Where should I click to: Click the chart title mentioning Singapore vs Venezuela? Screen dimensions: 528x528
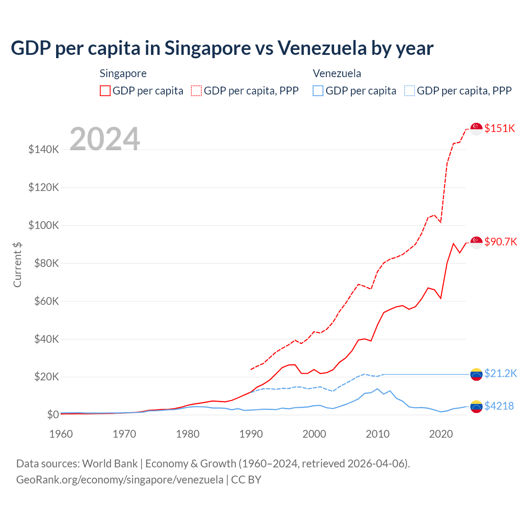pos(222,48)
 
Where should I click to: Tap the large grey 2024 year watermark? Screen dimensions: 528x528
pos(105,139)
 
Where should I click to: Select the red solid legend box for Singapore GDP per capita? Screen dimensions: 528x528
pos(105,91)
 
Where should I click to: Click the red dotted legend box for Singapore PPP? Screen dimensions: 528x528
pos(196,91)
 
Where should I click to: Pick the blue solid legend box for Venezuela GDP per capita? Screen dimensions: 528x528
pos(318,91)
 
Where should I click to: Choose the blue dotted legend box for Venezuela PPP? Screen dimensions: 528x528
pos(410,91)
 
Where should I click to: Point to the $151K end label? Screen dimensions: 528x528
pos(500,128)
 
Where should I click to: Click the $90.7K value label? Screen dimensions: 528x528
pos(500,242)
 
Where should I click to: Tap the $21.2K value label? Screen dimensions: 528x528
pos(500,373)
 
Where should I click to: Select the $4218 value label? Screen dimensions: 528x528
pos(499,406)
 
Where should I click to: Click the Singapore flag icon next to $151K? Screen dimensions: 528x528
pos(476,129)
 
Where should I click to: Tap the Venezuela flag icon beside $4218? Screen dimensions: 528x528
pos(476,406)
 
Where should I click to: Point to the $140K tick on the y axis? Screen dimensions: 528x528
pos(44,149)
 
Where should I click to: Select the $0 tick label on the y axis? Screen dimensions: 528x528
pos(53,415)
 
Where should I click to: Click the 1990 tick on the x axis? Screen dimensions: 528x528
pos(251,434)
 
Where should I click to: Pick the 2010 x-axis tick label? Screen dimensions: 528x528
pos(377,434)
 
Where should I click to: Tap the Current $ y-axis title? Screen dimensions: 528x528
pos(17,264)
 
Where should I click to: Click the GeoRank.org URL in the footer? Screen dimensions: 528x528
pos(120,480)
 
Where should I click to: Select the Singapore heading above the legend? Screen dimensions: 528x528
pos(123,73)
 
